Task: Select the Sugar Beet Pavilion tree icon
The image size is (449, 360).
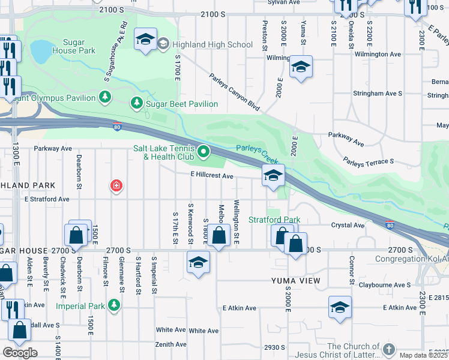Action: pyautogui.click(x=136, y=103)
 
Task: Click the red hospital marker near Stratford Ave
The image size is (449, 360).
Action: pyautogui.click(x=116, y=186)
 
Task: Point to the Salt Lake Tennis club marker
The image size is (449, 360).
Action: pyautogui.click(x=203, y=152)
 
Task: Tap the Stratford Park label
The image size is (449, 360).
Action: pyautogui.click(x=274, y=220)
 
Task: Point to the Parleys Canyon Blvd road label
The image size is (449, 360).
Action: pyautogui.click(x=235, y=92)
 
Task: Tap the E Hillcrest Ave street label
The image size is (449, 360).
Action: pyautogui.click(x=211, y=176)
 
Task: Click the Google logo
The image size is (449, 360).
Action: pyautogui.click(x=20, y=352)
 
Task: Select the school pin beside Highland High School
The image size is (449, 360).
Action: pyautogui.click(x=145, y=39)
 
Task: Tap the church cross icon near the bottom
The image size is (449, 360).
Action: pyautogui.click(x=389, y=349)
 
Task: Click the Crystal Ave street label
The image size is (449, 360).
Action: pyautogui.click(x=348, y=225)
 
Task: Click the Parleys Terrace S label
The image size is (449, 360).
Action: pyautogui.click(x=368, y=161)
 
